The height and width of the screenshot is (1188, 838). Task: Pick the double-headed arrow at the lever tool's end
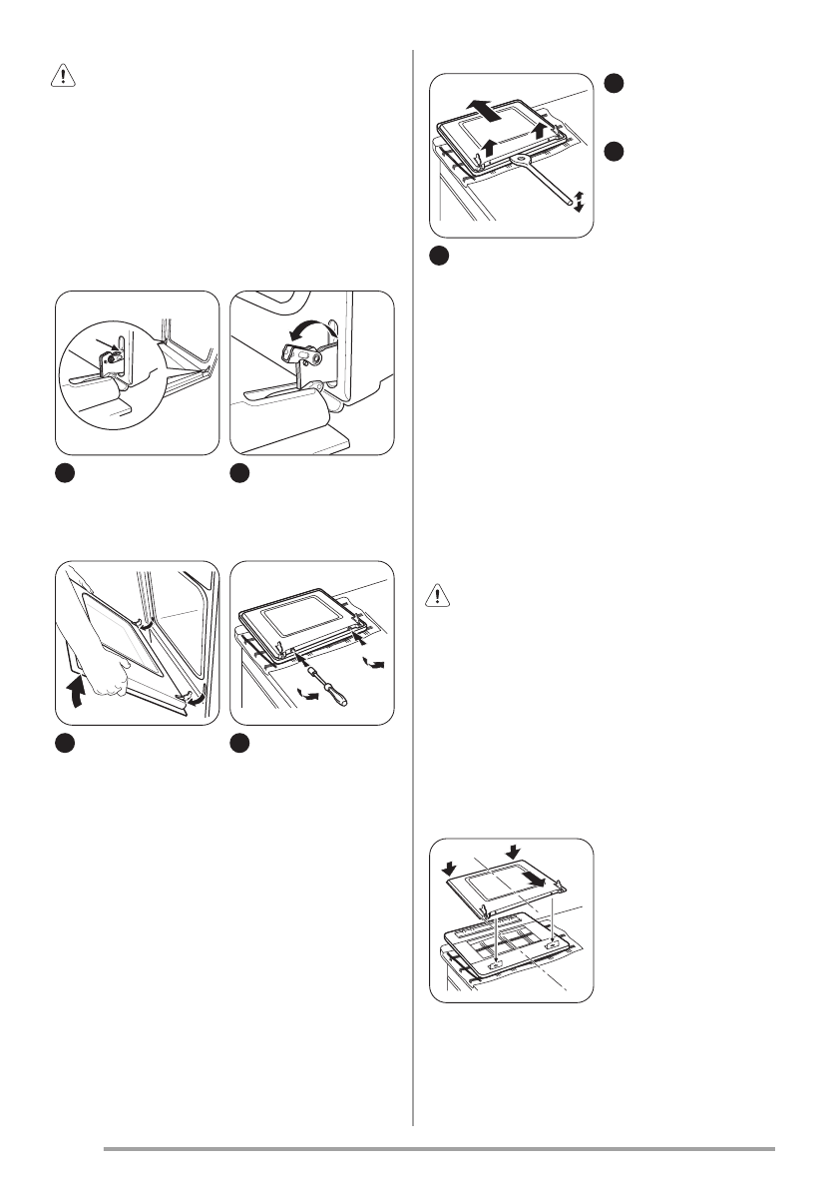click(579, 199)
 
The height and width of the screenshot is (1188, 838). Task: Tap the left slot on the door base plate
click(496, 963)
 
